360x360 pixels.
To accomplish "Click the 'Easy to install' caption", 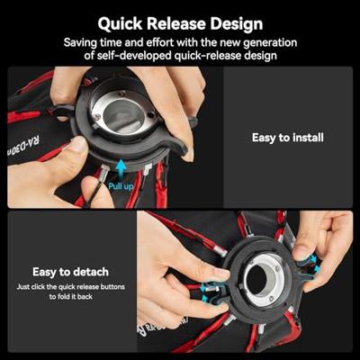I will tap(287, 138).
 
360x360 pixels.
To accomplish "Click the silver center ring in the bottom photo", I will tap(262, 276).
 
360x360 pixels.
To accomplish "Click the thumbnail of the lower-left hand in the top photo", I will tap(79, 144).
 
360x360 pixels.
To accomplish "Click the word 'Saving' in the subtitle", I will tap(83, 42).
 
